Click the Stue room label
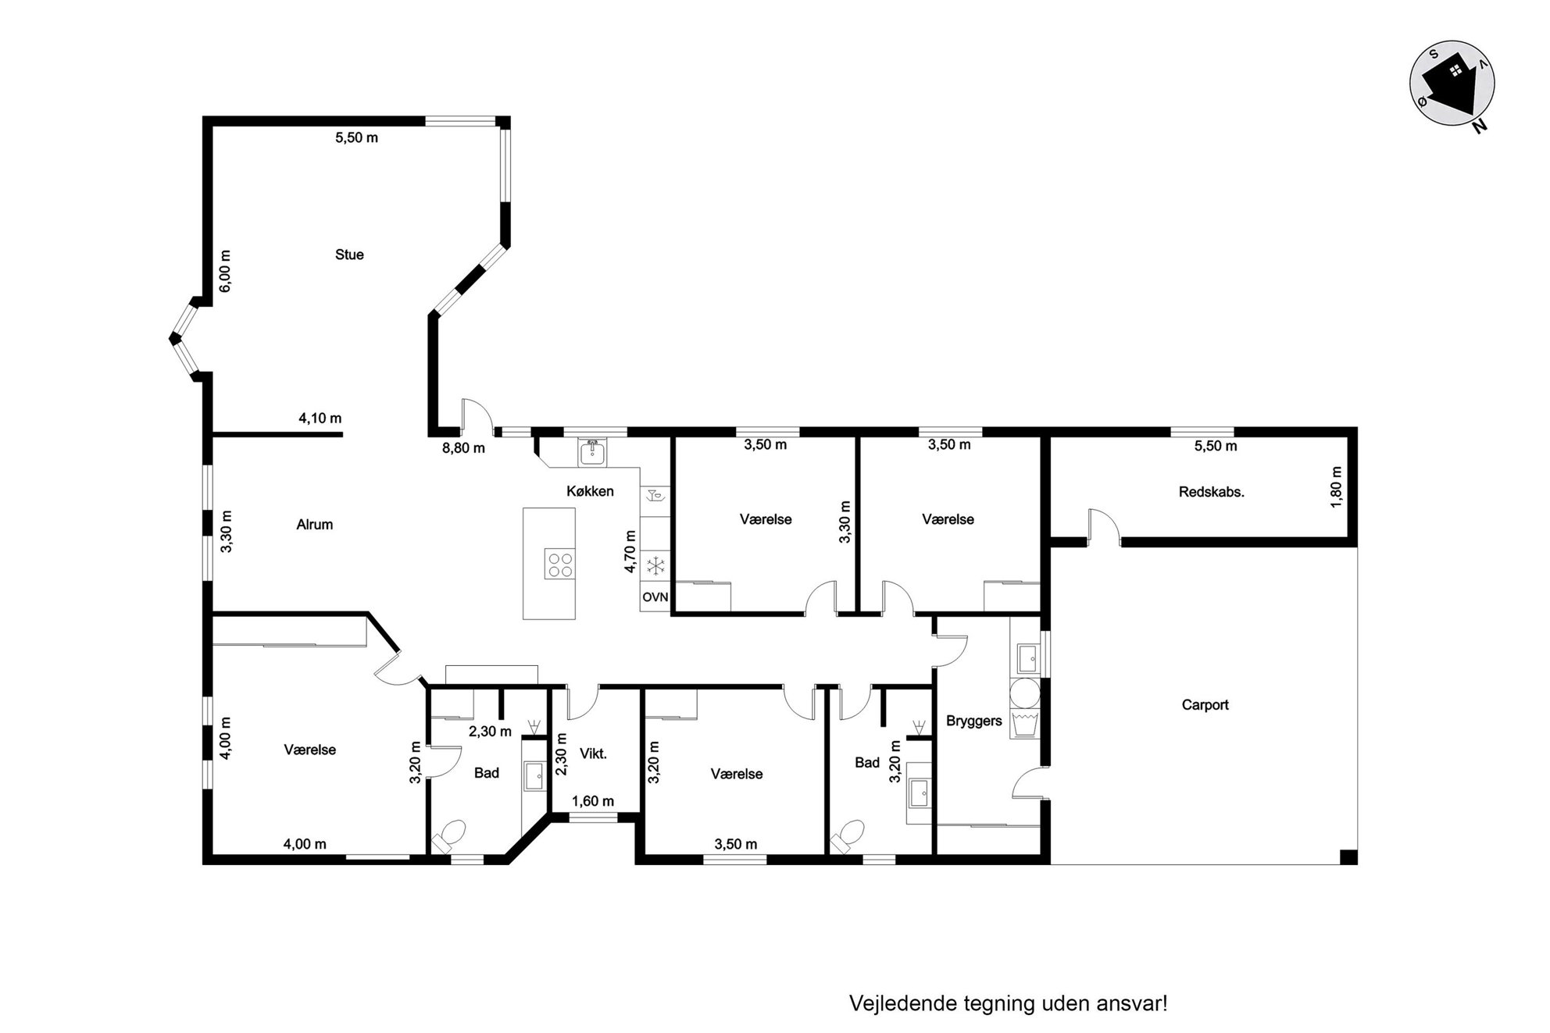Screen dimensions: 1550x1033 349,255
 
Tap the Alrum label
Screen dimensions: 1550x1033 315,525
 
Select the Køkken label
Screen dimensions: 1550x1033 590,491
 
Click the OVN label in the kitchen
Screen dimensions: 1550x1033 655,597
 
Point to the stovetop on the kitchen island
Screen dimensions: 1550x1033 559,564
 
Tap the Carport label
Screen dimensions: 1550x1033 1205,705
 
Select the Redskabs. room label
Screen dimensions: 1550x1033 1211,493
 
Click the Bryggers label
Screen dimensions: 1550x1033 973,721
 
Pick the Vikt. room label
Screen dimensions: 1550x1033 593,754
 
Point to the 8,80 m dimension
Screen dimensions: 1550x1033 463,448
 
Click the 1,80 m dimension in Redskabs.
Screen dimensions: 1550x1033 1336,487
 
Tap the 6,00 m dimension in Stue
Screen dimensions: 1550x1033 225,271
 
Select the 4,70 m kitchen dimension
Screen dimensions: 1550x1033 630,551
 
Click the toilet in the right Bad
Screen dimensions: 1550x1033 848,837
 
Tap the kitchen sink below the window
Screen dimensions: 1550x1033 592,453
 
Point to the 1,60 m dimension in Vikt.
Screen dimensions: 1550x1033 593,801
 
